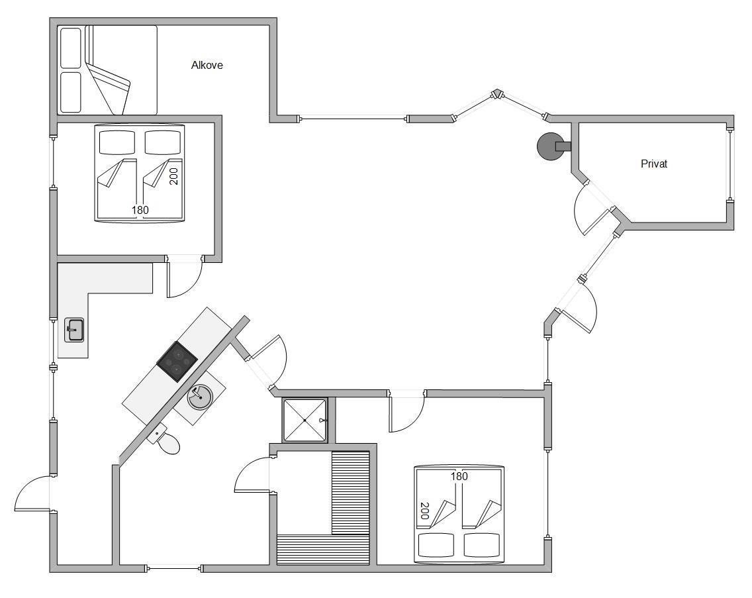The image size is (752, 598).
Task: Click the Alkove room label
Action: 207,66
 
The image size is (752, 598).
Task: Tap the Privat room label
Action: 653,164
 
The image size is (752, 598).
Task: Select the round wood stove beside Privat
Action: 551,146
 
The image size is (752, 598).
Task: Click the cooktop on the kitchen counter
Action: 177,361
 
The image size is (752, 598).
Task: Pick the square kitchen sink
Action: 74,330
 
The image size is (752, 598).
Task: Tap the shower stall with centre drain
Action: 305,420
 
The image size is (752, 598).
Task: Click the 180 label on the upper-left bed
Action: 140,210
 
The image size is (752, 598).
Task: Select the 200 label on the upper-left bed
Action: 173,176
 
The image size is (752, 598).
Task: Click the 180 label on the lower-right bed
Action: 459,476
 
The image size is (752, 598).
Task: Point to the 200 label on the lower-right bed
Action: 424,511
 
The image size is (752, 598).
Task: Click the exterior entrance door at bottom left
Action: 32,493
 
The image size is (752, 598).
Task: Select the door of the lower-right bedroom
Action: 406,413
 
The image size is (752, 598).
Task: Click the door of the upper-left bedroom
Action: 185,277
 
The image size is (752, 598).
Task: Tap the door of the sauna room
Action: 253,475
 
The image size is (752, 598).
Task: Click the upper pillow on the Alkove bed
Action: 70,48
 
